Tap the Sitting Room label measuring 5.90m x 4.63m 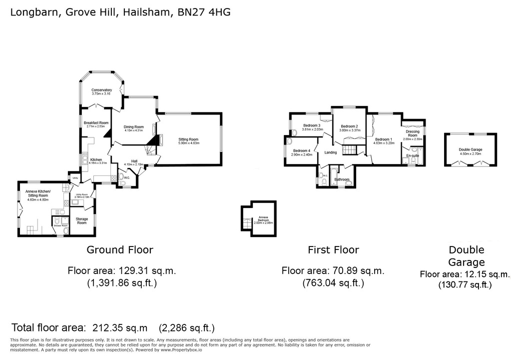[x=189, y=141]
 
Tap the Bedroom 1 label [x=384, y=140]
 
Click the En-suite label [x=412, y=156]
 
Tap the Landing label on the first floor [x=331, y=152]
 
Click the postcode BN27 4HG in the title [x=204, y=12]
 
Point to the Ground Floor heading [x=120, y=249]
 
